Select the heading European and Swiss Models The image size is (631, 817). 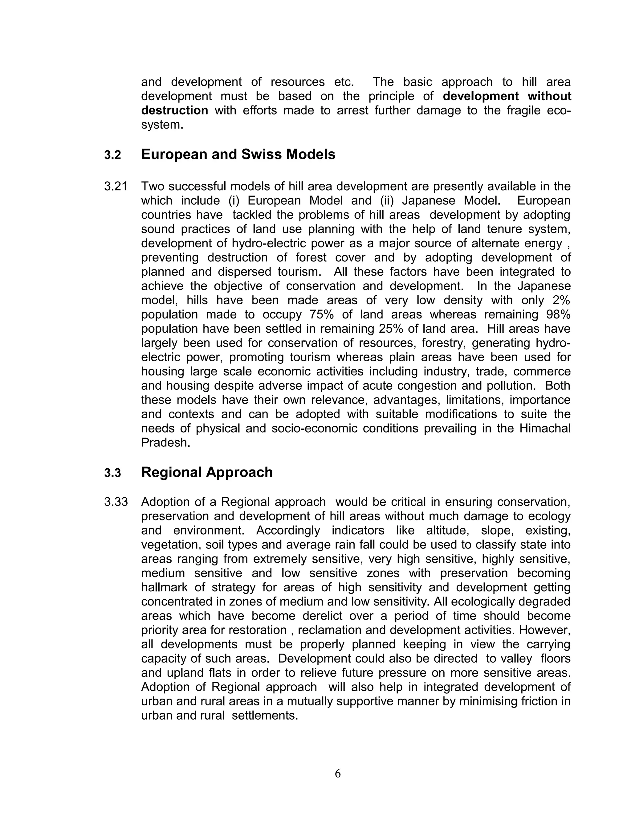click(238, 154)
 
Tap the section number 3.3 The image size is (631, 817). click(112, 473)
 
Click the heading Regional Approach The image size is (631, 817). click(207, 472)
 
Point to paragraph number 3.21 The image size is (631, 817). click(116, 186)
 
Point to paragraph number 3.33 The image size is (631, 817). click(116, 502)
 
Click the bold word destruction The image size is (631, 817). click(175, 110)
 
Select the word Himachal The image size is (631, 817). click(545, 428)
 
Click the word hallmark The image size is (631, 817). click(165, 587)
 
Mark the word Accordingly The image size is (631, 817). click(288, 531)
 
